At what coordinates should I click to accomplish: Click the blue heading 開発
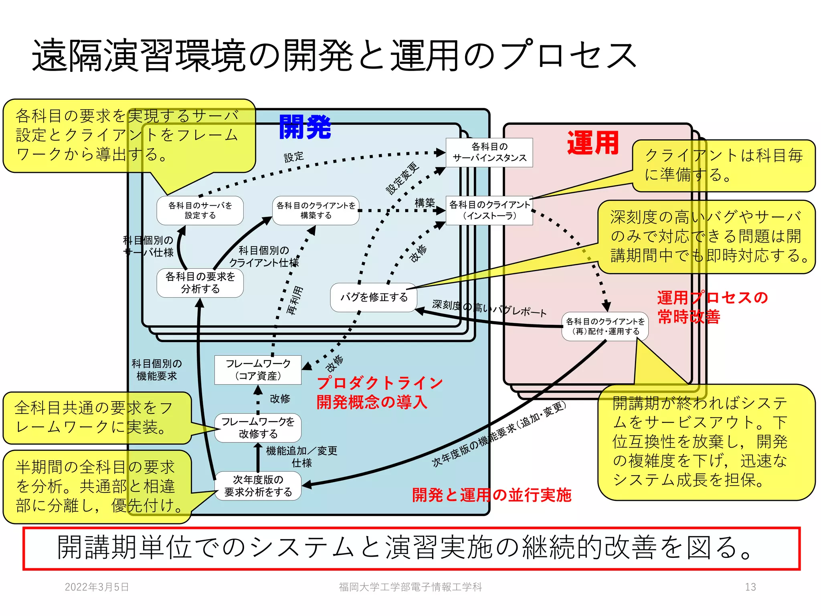pyautogui.click(x=305, y=127)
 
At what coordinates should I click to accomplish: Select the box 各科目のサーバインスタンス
pyautogui.click(x=489, y=152)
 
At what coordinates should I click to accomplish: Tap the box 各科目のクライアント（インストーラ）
pyautogui.click(x=489, y=210)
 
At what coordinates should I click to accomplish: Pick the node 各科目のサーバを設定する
pyautogui.click(x=200, y=210)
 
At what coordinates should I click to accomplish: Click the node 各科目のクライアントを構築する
pyautogui.click(x=316, y=210)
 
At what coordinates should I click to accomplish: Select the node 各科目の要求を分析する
pyautogui.click(x=200, y=283)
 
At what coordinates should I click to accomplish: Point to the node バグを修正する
pyautogui.click(x=374, y=297)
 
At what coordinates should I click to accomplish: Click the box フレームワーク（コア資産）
pyautogui.click(x=258, y=370)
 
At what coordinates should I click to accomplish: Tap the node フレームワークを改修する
pyautogui.click(x=258, y=428)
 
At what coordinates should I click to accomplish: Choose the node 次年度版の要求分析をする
pyautogui.click(x=258, y=486)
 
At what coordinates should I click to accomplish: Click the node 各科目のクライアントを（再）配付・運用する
pyautogui.click(x=605, y=326)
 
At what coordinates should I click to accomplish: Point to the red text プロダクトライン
pyautogui.click(x=379, y=383)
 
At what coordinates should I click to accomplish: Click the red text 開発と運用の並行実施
pyautogui.click(x=491, y=495)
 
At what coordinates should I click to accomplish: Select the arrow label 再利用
pyautogui.click(x=295, y=301)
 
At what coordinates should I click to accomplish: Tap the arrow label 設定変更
pyautogui.click(x=402, y=179)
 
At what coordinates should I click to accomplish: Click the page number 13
pyautogui.click(x=750, y=587)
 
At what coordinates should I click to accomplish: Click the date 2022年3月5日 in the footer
pyautogui.click(x=97, y=587)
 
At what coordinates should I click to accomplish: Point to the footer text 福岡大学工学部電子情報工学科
pyautogui.click(x=410, y=587)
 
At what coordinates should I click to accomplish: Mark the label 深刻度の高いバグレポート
pyautogui.click(x=489, y=308)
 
